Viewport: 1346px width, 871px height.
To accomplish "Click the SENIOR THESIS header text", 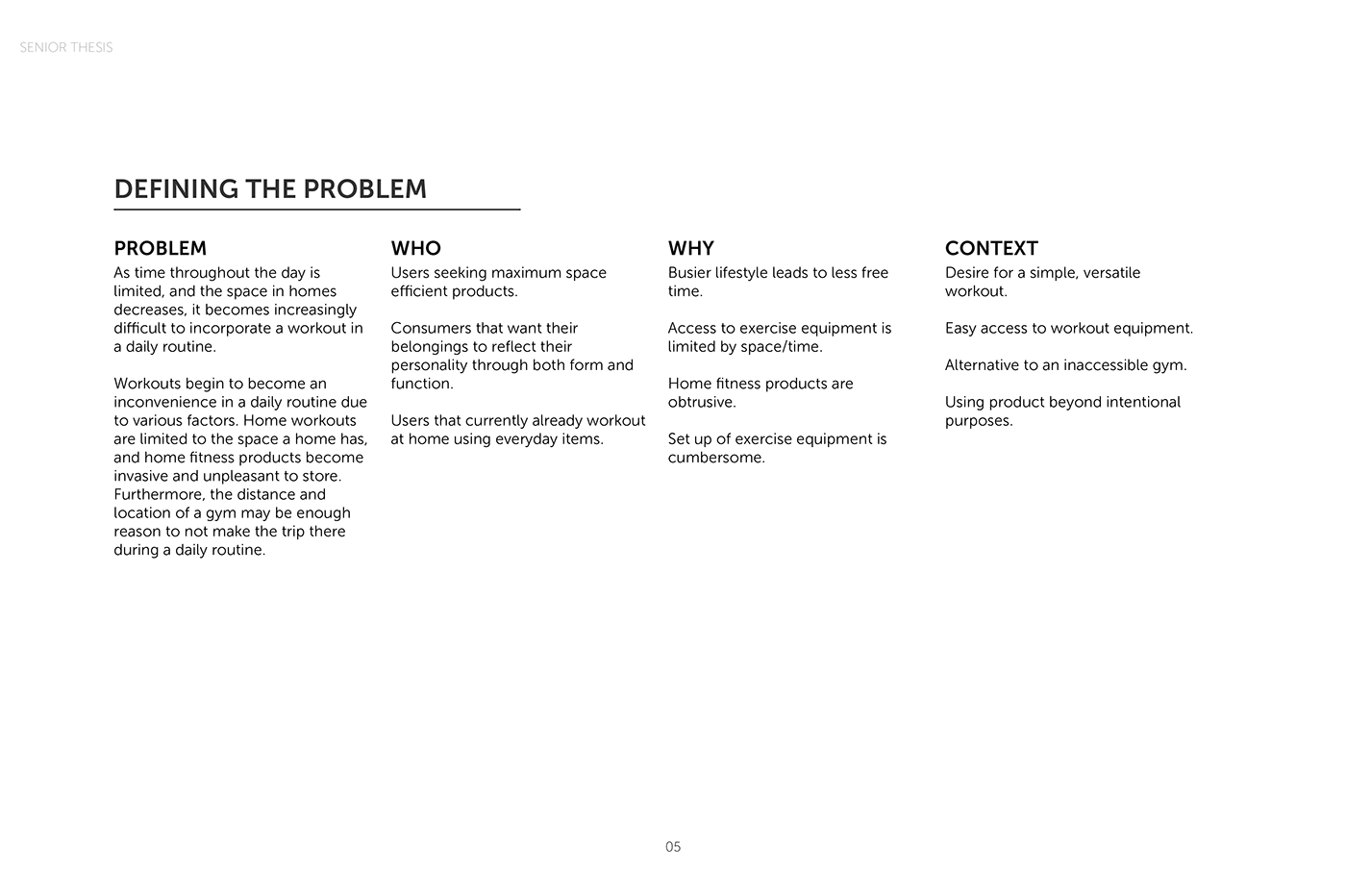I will tap(65, 47).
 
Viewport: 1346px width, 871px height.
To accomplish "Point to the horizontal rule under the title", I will tap(316, 209).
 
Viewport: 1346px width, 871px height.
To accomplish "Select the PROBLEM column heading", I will tap(160, 248).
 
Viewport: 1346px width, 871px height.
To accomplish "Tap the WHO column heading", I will tap(415, 248).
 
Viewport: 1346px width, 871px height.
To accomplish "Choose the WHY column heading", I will tap(690, 248).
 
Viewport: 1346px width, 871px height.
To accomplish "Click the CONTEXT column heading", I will tap(991, 248).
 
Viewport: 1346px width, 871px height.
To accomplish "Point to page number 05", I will tap(673, 847).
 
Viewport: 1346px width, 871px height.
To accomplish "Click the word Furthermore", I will tap(159, 494).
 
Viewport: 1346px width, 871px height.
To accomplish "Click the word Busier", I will tap(689, 273).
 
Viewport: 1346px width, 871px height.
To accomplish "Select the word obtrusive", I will tap(701, 402).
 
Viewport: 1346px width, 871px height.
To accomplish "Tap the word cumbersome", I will tap(715, 458).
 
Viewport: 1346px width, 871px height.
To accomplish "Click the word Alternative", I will tap(985, 365).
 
